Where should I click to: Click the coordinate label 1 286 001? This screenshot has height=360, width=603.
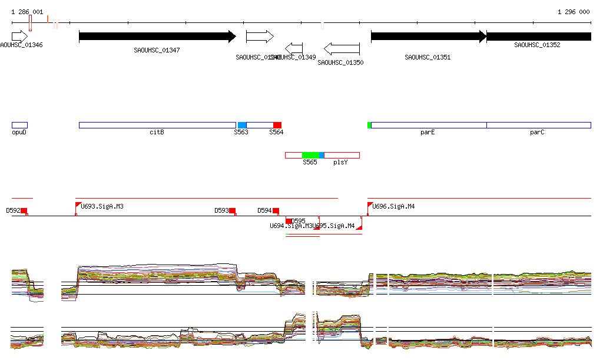point(27,12)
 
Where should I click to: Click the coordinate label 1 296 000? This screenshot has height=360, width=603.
point(574,12)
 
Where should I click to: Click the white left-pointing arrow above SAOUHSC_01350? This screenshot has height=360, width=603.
point(342,48)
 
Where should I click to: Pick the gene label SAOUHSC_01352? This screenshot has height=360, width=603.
point(537,45)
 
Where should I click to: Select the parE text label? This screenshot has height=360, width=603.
point(428,132)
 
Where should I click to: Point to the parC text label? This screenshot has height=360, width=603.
point(537,132)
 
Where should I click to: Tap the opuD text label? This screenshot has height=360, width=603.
point(19,132)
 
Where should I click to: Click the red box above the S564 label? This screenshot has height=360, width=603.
point(277,125)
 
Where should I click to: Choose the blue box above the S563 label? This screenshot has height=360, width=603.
point(242,125)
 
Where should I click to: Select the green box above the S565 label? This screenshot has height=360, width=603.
point(310,155)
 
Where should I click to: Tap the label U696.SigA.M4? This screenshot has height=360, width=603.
point(393,206)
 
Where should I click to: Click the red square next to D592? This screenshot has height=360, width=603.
point(24,210)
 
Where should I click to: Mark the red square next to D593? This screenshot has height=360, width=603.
point(233,210)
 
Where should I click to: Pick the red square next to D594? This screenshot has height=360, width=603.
point(276,210)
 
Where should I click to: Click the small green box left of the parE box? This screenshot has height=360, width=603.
point(369,125)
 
